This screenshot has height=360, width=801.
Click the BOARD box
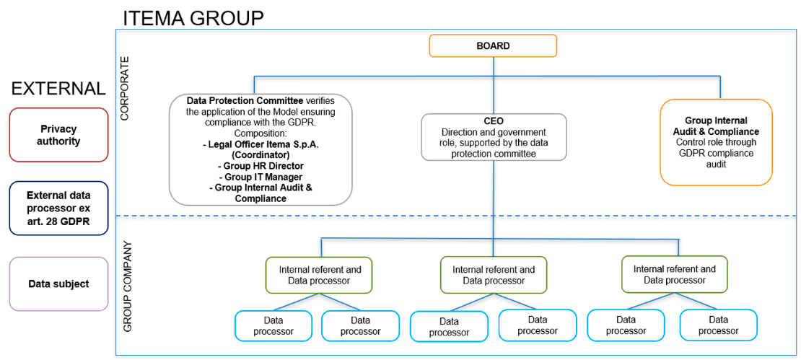[493, 45]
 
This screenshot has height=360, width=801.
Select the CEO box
[494, 137]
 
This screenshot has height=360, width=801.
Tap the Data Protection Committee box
[261, 149]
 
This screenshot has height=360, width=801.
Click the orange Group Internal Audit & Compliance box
[716, 143]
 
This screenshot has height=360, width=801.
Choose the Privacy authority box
[59, 135]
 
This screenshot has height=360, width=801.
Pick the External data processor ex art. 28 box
[59, 208]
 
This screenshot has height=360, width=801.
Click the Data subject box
[59, 284]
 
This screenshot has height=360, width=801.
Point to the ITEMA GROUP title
[193, 17]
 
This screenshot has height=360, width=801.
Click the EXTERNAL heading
[58, 89]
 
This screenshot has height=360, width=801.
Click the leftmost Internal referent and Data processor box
[320, 275]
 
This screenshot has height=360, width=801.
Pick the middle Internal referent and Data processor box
[494, 275]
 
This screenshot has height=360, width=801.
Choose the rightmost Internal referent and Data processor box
[674, 274]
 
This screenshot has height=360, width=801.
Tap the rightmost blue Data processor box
[718, 325]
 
